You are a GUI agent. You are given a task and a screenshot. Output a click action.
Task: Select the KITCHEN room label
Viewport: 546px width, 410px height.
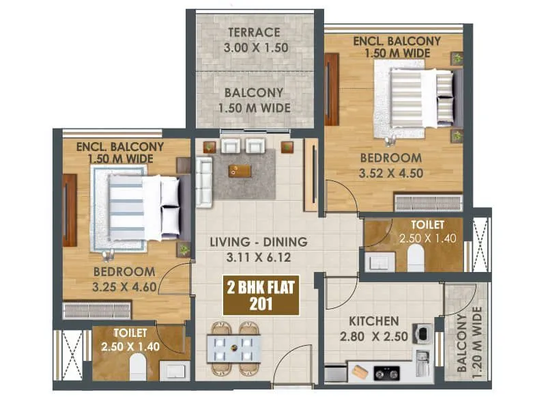point(373,321)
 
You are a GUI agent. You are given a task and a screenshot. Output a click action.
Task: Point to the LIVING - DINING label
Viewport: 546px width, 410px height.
point(258,242)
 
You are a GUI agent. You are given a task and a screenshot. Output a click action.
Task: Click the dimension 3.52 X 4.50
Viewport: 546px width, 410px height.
point(392,173)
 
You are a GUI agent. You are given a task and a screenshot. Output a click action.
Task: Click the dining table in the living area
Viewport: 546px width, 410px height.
point(233,342)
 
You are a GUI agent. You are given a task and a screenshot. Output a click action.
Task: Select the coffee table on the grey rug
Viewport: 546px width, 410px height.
point(240,170)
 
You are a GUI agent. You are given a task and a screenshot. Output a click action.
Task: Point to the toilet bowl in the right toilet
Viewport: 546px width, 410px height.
point(416,258)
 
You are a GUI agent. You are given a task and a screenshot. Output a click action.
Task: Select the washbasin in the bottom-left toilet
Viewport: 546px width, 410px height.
point(171,370)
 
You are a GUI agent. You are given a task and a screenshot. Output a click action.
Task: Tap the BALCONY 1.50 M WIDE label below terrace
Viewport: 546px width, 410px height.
point(255,100)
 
